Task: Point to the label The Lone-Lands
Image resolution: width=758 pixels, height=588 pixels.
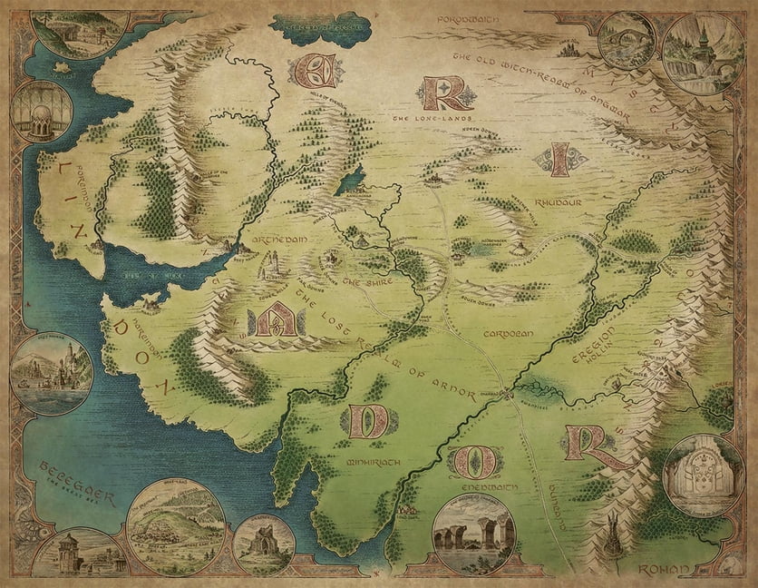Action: point(422,118)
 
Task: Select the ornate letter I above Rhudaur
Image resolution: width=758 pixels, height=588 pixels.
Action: point(561,161)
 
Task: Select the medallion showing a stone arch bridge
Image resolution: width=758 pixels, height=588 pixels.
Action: point(627,42)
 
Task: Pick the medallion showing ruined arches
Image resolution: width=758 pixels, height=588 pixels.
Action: point(473,534)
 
